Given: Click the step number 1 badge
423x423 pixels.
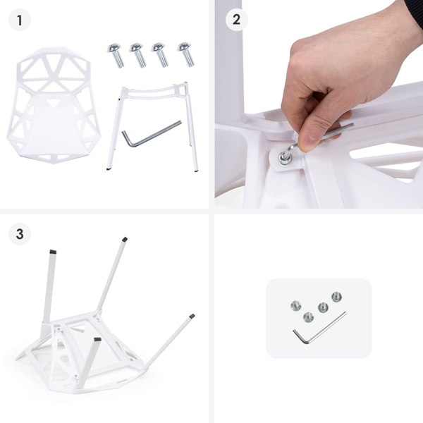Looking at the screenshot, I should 20,20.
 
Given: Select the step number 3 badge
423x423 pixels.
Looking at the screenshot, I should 20,233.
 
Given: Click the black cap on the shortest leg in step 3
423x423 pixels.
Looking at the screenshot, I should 97,341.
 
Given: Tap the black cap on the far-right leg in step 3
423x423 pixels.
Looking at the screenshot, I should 192,317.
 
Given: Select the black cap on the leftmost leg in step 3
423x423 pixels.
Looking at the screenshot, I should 53,250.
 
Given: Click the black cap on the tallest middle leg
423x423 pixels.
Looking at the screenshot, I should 125,240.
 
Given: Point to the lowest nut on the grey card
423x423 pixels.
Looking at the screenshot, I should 307,317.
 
